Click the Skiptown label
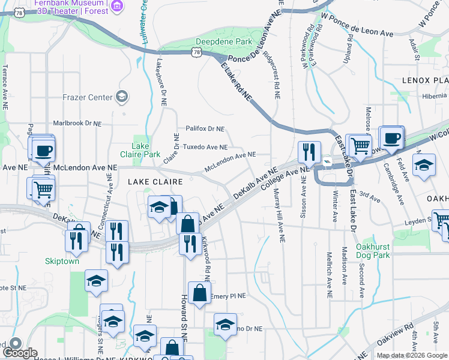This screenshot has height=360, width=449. click(62, 261)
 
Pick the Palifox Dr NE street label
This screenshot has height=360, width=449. click(205, 128)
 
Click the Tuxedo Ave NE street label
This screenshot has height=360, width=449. click(205, 147)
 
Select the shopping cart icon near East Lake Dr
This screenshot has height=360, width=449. click(360, 145)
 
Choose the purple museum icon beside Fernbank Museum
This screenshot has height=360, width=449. click(118, 7)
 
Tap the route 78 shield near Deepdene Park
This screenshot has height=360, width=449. click(196, 53)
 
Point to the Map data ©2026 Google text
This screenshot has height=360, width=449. click(412, 355)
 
